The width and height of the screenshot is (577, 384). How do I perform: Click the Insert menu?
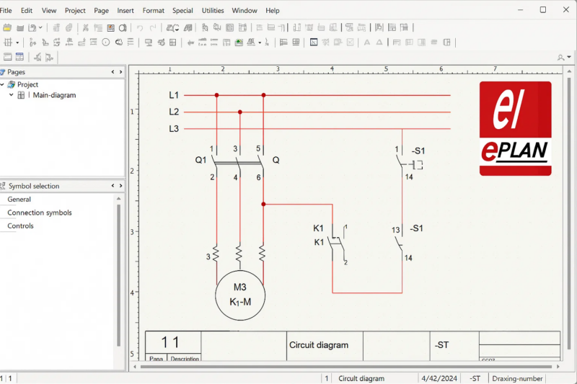point(125,11)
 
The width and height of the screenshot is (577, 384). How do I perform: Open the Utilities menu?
point(213,11)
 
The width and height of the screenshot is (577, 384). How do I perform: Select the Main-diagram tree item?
point(54,95)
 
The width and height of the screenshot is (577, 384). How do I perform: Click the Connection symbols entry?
point(40,213)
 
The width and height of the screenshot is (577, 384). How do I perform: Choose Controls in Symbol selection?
point(20,226)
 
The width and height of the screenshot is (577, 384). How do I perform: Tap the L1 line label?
point(174,95)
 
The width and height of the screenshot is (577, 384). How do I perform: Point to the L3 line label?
point(174,129)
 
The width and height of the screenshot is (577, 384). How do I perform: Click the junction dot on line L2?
point(239,112)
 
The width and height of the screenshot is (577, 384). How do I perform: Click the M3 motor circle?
point(240,295)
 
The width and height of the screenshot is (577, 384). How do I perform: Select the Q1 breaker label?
point(201,159)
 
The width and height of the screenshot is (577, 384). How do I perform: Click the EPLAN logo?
point(515,128)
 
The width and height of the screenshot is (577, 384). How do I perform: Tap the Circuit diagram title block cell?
point(319,345)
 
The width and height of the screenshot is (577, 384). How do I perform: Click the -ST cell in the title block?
point(441,345)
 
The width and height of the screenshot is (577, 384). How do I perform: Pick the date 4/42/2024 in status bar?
point(440,378)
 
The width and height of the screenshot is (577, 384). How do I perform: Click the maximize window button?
point(543,10)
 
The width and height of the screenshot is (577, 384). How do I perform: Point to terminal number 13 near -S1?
point(396,231)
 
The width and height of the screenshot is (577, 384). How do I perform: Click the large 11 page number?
point(170,343)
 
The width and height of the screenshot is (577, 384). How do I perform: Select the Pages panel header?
point(17,72)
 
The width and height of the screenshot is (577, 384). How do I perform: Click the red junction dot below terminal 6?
point(263,205)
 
